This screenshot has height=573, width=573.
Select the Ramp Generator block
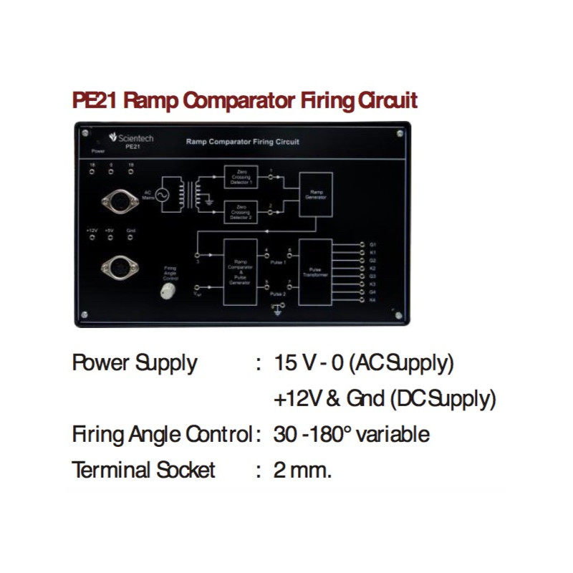[x=315, y=194]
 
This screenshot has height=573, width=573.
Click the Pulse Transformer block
[x=315, y=273]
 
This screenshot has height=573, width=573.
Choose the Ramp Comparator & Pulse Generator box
[x=239, y=273]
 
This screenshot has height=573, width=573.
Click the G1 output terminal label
[x=372, y=244]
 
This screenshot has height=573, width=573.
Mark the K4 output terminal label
[x=372, y=300]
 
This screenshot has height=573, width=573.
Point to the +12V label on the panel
[x=92, y=230]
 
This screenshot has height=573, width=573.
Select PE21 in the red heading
[x=95, y=100]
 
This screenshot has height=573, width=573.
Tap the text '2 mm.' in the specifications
[x=303, y=471]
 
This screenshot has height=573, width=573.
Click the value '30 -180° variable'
[x=351, y=435]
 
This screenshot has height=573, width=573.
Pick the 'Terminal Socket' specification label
[x=143, y=471]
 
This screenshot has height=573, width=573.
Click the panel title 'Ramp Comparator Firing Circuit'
[x=242, y=142]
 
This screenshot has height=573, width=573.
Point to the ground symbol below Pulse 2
[x=278, y=309]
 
